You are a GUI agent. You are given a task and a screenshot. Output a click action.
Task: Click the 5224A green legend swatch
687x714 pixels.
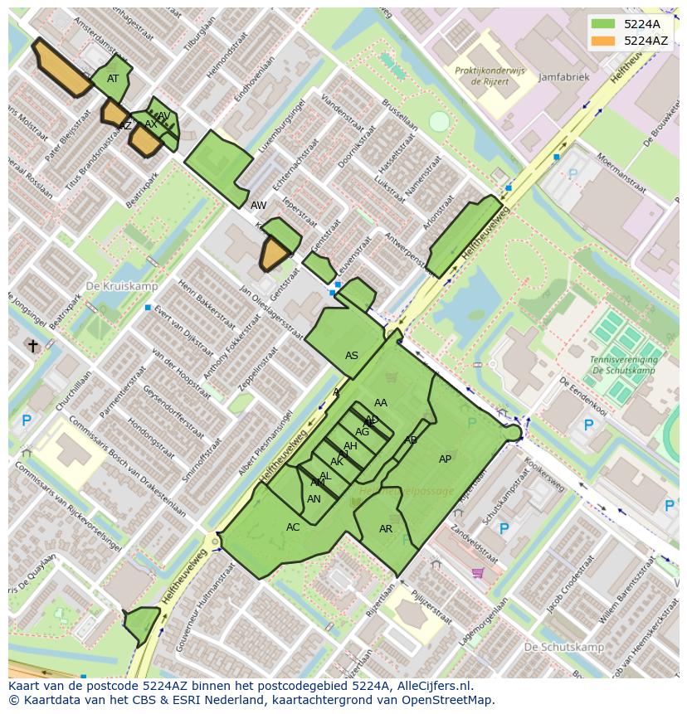(604, 24)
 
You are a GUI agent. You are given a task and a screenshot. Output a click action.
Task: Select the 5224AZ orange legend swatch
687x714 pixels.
(604, 41)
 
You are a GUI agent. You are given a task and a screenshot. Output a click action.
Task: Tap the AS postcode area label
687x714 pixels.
(352, 356)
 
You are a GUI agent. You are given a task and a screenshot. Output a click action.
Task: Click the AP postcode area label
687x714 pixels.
(445, 459)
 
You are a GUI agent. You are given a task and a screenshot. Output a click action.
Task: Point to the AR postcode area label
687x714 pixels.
(386, 529)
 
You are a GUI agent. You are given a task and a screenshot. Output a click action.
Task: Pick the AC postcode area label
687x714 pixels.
(293, 527)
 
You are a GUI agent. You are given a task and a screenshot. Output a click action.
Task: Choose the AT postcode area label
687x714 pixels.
(113, 79)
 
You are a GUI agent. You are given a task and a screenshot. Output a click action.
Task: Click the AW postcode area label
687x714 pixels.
(259, 205)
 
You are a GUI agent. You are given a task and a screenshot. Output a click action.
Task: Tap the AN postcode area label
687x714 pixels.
(314, 499)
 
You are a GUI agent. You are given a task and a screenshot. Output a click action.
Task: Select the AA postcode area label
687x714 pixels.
(381, 403)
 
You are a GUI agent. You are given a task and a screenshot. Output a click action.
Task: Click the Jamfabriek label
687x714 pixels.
(563, 77)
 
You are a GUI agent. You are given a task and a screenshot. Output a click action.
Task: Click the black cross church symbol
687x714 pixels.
(32, 346)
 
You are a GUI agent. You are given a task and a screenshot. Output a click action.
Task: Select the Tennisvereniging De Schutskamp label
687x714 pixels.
(623, 365)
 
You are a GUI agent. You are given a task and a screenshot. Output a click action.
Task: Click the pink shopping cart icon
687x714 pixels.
(477, 572)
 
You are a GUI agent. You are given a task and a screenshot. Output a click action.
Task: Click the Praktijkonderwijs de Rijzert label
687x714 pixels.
(490, 76)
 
